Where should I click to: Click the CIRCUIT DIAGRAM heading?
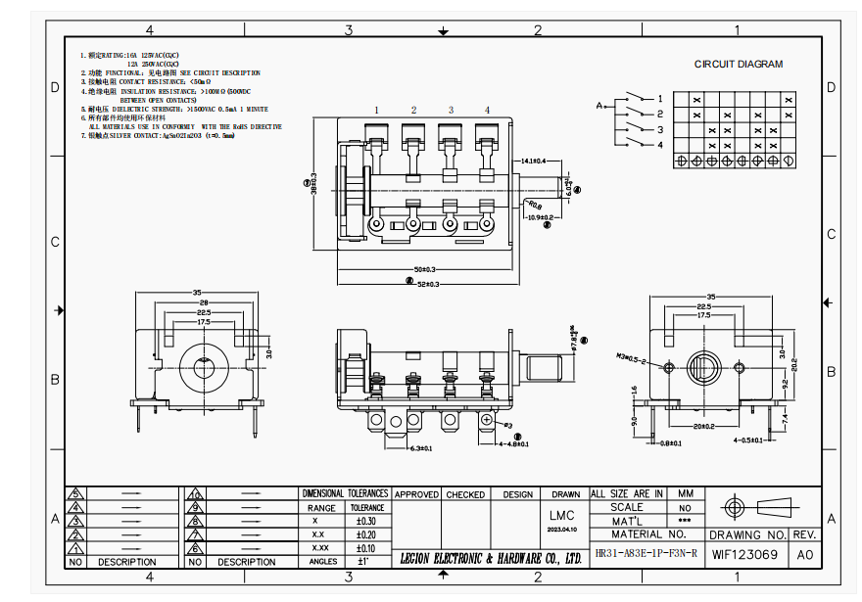tap(739, 65)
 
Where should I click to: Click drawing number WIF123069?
tap(744, 555)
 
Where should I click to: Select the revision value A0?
tap(805, 555)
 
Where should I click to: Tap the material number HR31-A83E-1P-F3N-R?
tap(646, 554)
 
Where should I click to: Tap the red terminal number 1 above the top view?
tap(375, 110)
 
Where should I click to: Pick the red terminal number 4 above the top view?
tap(487, 110)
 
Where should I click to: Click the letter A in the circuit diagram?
tap(599, 105)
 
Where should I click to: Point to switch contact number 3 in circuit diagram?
tap(660, 129)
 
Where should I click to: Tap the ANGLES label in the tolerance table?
tap(322, 562)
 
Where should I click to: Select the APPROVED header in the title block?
tap(416, 494)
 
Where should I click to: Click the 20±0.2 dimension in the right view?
tap(705, 427)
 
